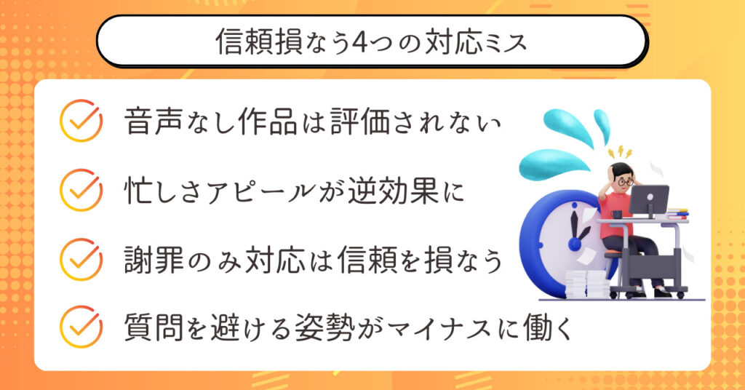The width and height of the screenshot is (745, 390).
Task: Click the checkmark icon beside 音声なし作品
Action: point(81,120)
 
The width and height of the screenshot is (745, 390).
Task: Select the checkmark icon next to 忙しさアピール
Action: point(81,189)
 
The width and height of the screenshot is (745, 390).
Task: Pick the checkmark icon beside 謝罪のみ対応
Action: point(81,259)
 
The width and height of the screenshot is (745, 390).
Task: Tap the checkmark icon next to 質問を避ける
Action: point(81,327)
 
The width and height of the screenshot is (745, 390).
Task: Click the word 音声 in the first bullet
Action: point(154,121)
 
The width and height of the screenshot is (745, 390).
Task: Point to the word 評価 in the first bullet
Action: point(359,121)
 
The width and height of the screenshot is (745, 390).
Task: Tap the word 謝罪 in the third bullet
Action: point(154,260)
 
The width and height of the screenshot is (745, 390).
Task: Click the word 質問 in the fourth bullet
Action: point(154,327)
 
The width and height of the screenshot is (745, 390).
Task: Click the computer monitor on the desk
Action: point(649,202)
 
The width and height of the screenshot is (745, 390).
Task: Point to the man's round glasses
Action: point(625,181)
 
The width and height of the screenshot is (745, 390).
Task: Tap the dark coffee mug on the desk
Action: point(617,215)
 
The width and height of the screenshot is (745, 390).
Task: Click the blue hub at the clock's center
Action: point(575,244)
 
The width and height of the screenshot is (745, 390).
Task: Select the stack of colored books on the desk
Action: point(677,214)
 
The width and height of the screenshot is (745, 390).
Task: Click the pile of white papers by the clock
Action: point(587,284)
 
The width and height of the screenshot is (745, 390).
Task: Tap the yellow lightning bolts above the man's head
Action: point(620,152)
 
